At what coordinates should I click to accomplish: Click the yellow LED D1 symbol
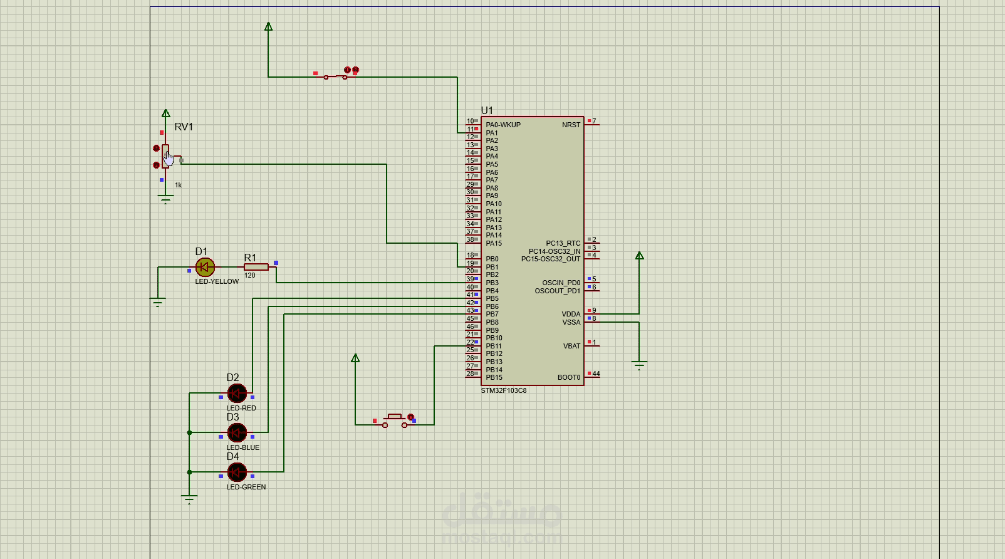205,268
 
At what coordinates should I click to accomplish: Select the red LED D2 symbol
237,394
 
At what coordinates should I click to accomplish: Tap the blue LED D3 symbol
237,432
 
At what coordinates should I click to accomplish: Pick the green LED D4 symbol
237,472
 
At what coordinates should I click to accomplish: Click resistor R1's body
256,267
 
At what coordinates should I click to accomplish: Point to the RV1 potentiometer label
184,127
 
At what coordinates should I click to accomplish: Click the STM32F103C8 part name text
504,390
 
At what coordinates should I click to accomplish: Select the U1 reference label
487,110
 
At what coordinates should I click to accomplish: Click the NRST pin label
571,125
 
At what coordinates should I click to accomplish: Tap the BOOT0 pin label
569,377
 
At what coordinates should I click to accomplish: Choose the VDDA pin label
571,314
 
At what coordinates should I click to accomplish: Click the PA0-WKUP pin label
503,125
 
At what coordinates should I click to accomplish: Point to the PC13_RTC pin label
563,243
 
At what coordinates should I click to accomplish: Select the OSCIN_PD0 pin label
561,283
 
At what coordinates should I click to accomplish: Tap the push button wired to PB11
395,421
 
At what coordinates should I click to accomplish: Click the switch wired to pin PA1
336,76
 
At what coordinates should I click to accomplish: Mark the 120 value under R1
250,275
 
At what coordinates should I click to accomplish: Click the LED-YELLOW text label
217,281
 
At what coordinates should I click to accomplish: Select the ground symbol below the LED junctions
189,499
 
